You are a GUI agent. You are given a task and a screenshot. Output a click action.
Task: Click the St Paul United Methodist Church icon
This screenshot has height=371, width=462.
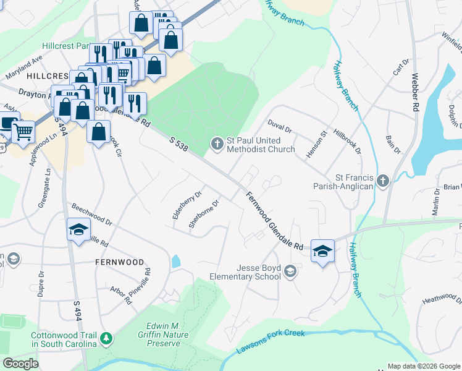217,143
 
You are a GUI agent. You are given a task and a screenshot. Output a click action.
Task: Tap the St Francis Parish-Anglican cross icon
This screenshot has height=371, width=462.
383,181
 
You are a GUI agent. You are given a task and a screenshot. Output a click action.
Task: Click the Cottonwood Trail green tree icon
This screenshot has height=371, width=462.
107,338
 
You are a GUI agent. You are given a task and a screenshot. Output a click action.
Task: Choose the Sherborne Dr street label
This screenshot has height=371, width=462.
204,213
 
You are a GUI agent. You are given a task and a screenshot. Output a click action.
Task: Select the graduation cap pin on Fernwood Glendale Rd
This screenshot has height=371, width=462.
322,251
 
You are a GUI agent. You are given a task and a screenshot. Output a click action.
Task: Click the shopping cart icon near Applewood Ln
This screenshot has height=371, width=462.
23,130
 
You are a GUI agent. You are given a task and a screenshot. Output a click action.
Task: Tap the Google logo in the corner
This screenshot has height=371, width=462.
21,364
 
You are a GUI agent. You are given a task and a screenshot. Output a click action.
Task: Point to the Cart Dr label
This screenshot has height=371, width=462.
398,67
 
